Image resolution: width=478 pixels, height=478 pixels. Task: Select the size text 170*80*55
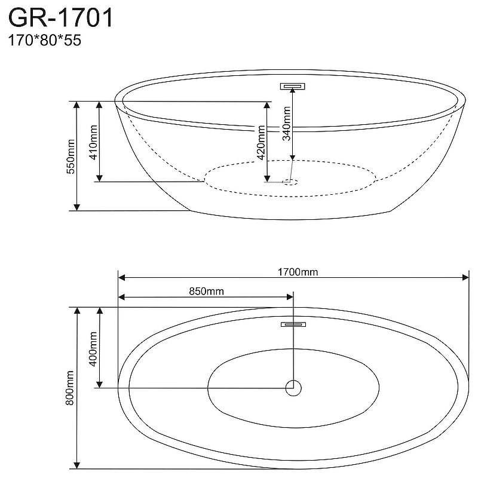click(44, 41)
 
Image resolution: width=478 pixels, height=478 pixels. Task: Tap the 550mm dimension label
click(70, 156)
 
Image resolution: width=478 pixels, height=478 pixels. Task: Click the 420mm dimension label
click(261, 140)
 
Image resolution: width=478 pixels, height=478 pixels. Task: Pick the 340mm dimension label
click(287, 123)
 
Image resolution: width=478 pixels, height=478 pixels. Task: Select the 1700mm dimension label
click(297, 272)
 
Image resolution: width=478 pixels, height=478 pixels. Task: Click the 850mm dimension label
click(206, 292)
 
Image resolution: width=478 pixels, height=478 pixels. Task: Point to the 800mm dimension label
click(70, 389)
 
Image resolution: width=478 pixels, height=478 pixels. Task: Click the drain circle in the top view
click(293, 388)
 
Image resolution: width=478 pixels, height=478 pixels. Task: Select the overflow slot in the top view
click(293, 324)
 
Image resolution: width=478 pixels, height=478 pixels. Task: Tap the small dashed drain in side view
click(291, 181)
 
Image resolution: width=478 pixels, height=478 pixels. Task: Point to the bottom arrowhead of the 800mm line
click(76, 464)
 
